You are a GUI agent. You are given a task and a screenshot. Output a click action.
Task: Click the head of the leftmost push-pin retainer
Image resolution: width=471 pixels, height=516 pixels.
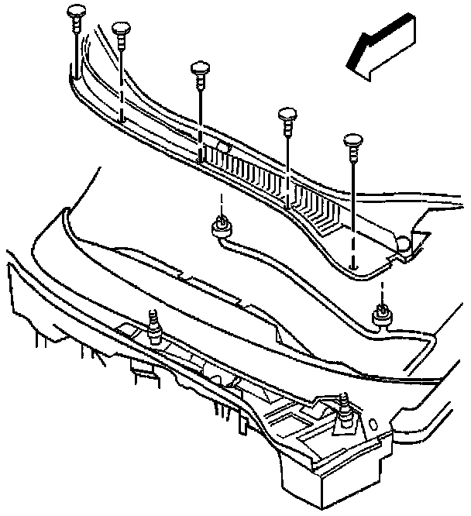tap(76, 13)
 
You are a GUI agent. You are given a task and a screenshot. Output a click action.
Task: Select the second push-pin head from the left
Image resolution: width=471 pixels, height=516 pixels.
tap(122, 30)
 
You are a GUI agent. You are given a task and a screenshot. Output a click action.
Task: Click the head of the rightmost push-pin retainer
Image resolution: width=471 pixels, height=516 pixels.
tap(352, 142)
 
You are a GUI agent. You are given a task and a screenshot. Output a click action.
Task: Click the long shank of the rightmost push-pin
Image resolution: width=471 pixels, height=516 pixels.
tap(352, 194)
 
